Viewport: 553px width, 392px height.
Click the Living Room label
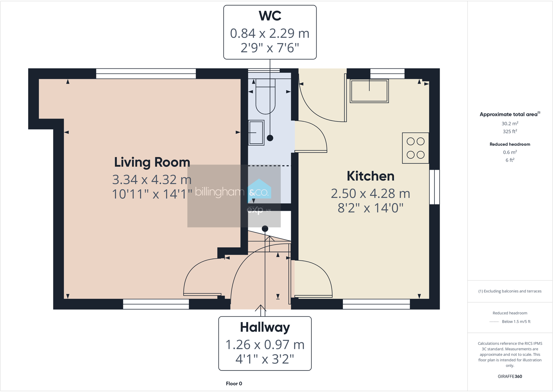tap(152, 162)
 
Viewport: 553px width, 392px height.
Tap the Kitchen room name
tap(370, 176)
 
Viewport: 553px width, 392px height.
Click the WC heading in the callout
tap(270, 16)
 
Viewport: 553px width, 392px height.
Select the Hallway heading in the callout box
tap(265, 327)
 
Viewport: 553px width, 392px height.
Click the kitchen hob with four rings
tap(416, 148)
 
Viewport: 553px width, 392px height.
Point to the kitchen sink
tap(369, 91)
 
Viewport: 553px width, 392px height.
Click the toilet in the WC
tap(265, 97)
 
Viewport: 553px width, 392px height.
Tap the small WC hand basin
tap(256, 132)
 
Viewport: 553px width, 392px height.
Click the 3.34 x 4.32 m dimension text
tap(152, 180)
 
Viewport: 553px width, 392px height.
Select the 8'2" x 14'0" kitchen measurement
tap(370, 208)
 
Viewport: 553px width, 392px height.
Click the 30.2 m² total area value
tap(510, 123)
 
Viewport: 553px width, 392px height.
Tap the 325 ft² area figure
tap(510, 131)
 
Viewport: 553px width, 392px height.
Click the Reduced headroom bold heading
tap(510, 144)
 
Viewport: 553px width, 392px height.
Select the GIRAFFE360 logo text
tap(510, 376)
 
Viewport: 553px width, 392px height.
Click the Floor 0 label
tap(234, 384)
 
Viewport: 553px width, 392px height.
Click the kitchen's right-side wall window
tap(434, 187)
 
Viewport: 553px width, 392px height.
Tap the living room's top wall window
tap(146, 74)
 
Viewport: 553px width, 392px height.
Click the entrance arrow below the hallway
tap(261, 308)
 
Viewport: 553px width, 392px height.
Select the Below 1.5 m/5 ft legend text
tap(516, 322)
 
